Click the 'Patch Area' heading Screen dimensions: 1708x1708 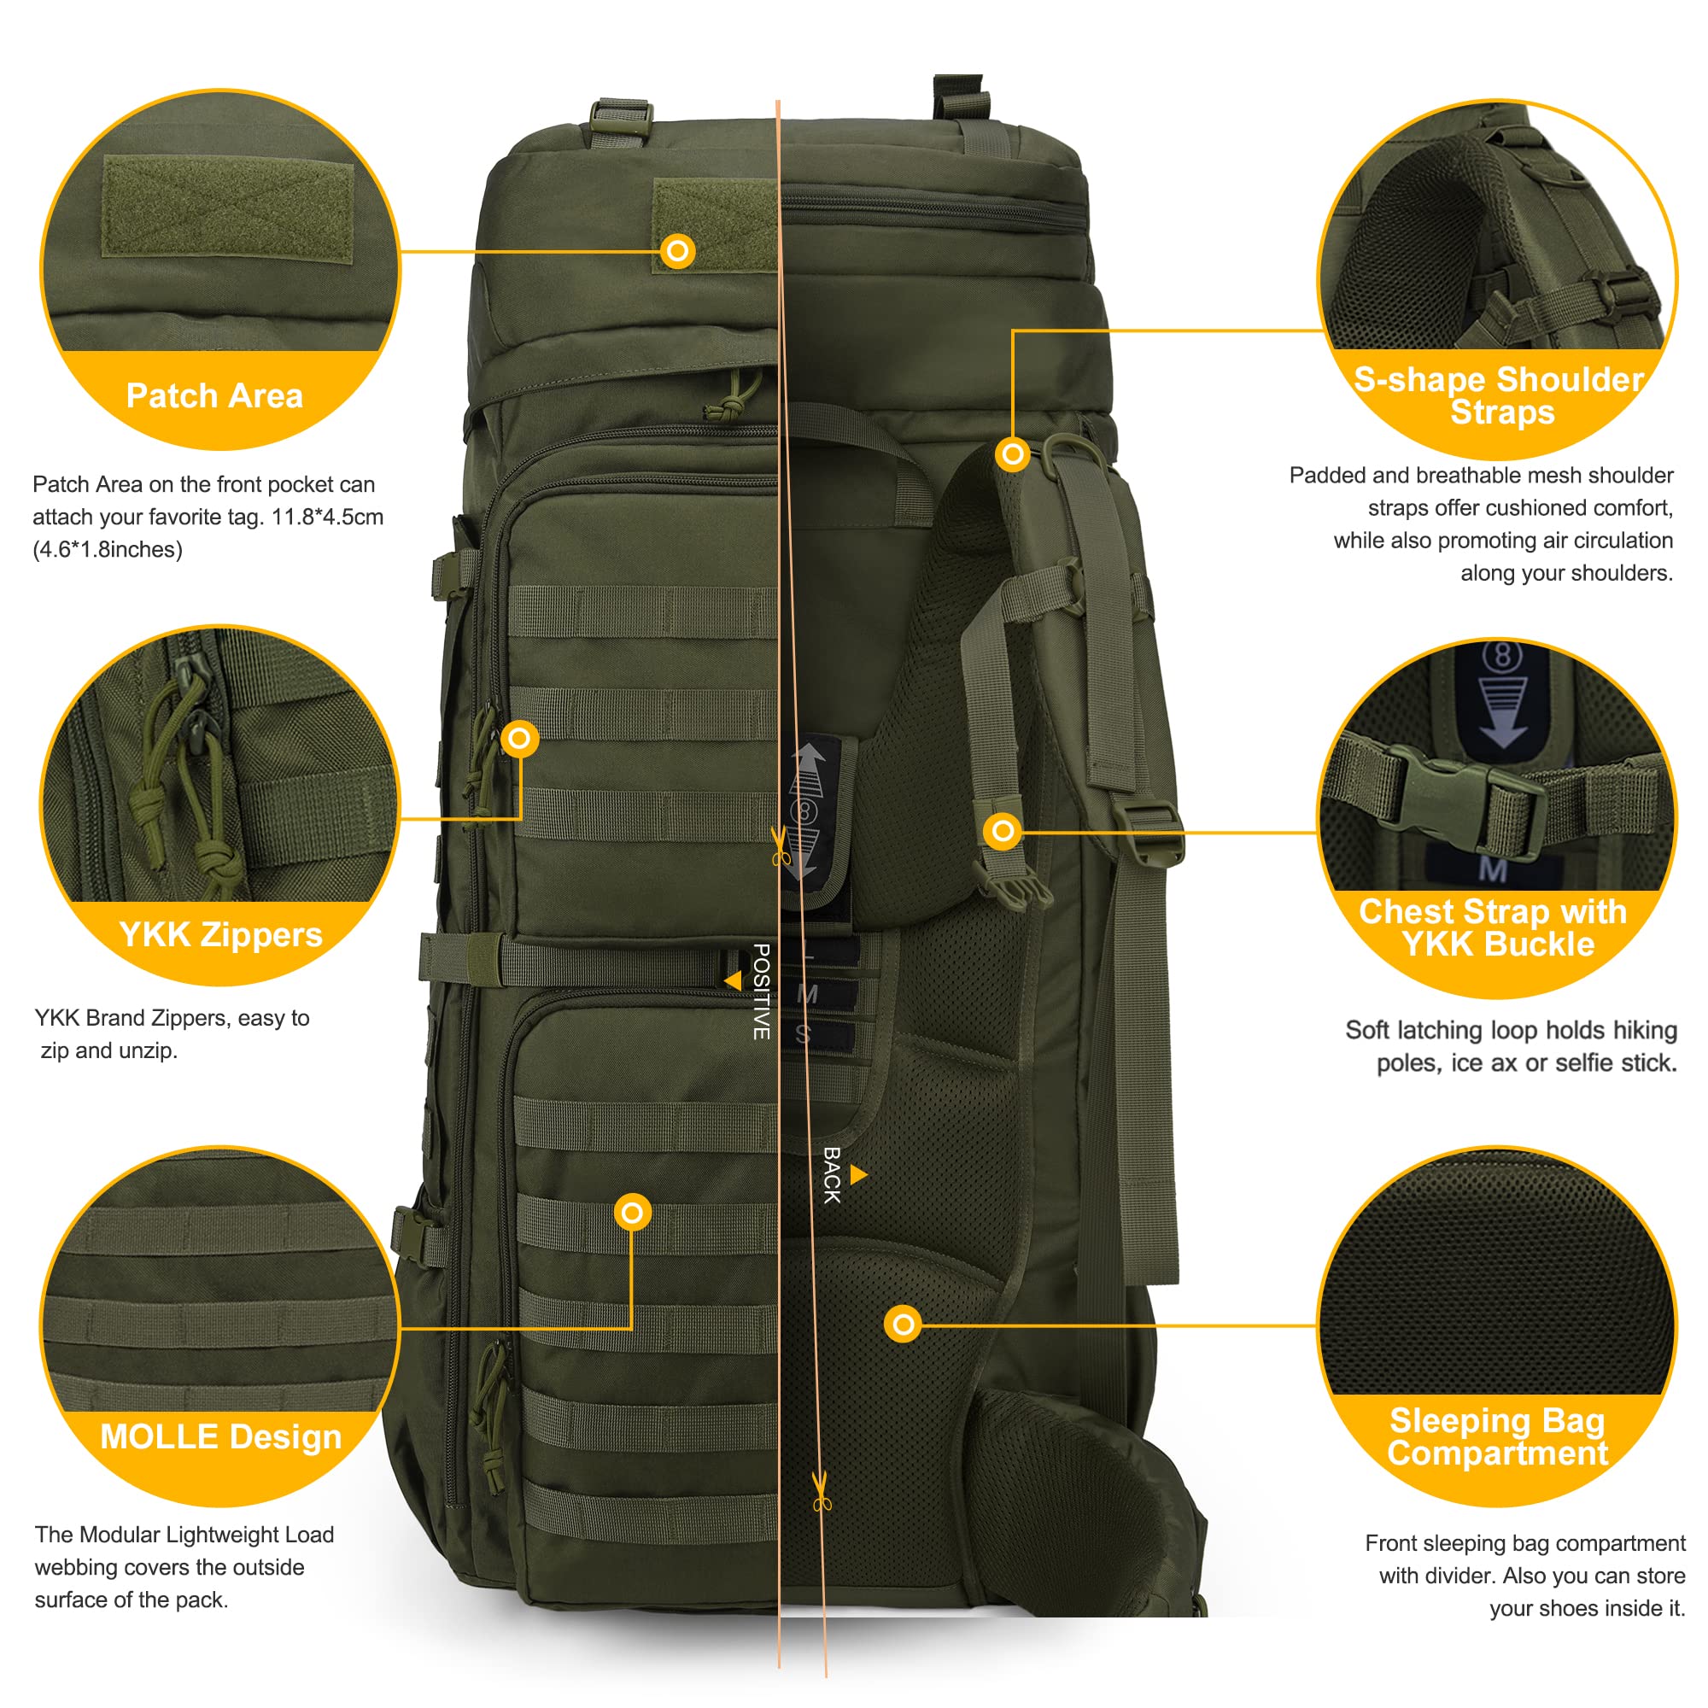coord(214,395)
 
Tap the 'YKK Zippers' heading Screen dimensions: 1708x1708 coord(221,933)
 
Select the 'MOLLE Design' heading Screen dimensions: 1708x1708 coord(221,1436)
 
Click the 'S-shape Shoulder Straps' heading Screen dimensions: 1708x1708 coord(1500,395)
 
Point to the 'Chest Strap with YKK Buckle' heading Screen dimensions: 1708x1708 coord(1493,927)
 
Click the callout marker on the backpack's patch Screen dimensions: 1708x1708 coord(678,251)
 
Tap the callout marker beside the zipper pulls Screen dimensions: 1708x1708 coord(520,737)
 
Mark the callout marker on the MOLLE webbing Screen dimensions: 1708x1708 coord(632,1212)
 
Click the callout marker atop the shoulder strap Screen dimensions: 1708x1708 coord(1012,454)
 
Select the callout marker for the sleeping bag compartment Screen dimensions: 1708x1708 coord(903,1324)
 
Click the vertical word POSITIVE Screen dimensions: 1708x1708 coord(761,991)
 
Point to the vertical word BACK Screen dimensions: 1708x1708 coord(831,1175)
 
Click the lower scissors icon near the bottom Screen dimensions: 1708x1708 coord(822,1494)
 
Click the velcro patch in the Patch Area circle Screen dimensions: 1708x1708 coord(228,208)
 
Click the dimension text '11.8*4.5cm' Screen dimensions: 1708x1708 coord(327,517)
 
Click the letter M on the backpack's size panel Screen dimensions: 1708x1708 coord(806,994)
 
